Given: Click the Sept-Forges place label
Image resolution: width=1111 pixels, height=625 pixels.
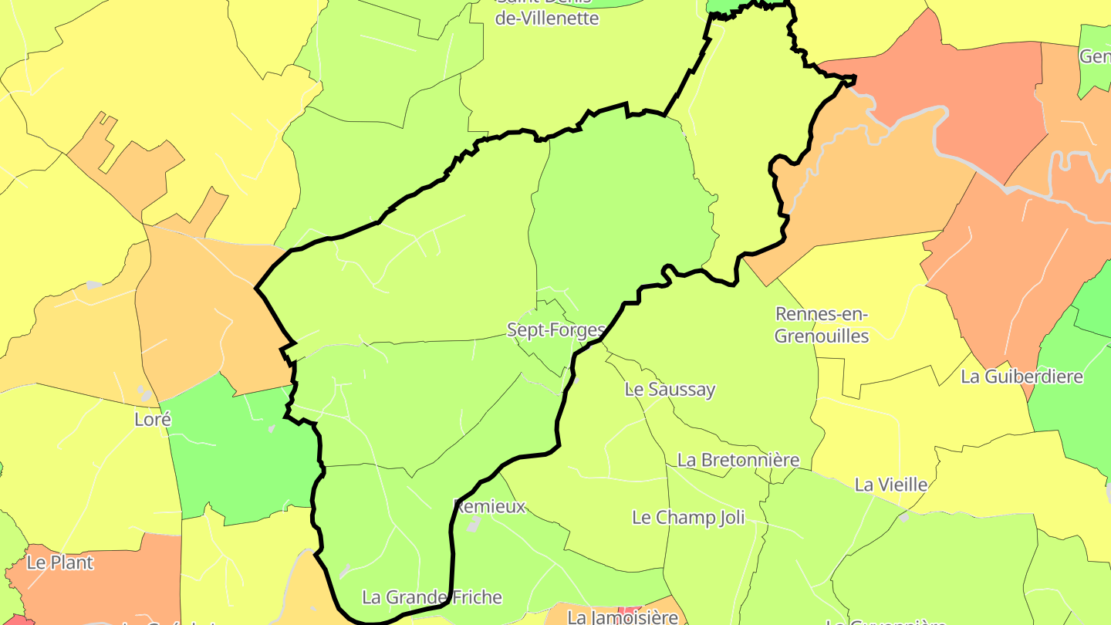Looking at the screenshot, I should tap(555, 330).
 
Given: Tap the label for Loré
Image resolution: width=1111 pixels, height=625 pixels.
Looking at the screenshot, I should tap(153, 420).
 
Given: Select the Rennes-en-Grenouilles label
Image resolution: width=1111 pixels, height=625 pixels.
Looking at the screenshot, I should tap(822, 325).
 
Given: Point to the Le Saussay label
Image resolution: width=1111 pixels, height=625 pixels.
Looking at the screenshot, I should tap(670, 389).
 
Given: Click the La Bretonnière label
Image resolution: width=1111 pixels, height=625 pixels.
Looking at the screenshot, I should tap(738, 460).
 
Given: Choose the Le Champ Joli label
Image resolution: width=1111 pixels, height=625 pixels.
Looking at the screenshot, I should tap(688, 517).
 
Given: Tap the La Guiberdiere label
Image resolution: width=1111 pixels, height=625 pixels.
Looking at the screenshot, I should tap(1022, 377).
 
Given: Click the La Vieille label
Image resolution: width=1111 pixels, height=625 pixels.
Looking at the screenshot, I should tap(891, 485).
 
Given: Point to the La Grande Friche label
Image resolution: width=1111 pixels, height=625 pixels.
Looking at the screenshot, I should tap(432, 597).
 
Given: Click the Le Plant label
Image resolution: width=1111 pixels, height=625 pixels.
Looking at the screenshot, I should tap(60, 562).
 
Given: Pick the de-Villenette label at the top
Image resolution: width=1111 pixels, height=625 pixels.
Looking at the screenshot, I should tap(546, 18).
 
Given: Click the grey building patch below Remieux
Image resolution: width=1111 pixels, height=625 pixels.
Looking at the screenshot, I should tap(474, 525).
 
